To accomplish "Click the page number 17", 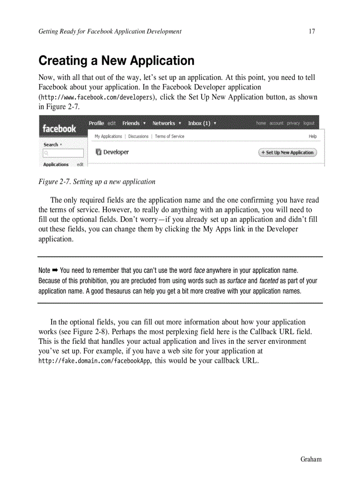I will click(x=312, y=31).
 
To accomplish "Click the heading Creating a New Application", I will click(x=116, y=60).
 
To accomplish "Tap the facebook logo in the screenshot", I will click(x=59, y=129).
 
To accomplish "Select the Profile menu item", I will click(x=96, y=123).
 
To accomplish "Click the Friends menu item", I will click(x=131, y=123).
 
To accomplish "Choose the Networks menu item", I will click(x=164, y=123).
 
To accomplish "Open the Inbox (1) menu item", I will click(x=199, y=123).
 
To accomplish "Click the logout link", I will click(x=309, y=123).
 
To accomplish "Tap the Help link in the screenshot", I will click(x=313, y=137).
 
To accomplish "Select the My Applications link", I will click(x=108, y=137).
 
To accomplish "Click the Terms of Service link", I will click(x=169, y=137).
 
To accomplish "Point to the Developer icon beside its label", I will click(x=98, y=152).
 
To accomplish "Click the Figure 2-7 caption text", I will click(x=97, y=182).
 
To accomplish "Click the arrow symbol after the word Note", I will click(x=55, y=270).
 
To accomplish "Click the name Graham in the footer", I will click(x=311, y=459).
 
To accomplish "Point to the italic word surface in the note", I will click(x=236, y=281).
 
